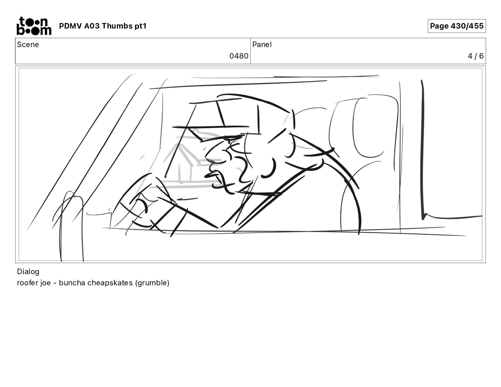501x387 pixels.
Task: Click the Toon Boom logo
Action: tap(34, 26)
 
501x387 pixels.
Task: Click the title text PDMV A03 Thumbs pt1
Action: tap(103, 26)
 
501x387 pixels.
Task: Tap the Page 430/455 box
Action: tap(456, 26)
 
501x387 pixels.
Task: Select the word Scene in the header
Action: tap(28, 45)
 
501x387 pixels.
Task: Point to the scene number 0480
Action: tap(239, 56)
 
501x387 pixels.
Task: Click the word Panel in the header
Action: tap(262, 45)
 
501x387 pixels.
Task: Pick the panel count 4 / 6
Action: tap(475, 56)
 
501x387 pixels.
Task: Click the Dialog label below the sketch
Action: tap(28, 272)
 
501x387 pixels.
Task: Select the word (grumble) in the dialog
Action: tap(152, 283)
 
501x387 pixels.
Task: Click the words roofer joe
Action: tap(34, 283)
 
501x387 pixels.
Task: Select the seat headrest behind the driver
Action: tap(376, 127)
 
